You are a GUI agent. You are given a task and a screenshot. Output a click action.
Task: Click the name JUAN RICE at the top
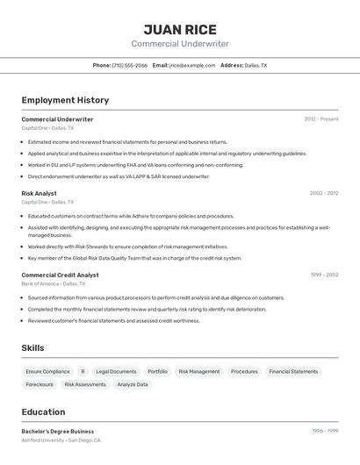click(180, 29)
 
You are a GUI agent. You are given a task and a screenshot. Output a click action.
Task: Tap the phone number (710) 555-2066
click(129, 66)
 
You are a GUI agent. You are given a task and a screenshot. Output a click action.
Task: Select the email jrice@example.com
click(192, 66)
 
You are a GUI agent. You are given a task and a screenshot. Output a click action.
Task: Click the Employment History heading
click(65, 100)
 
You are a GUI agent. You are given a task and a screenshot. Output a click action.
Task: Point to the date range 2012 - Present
click(321, 119)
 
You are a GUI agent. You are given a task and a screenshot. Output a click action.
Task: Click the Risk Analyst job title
click(39, 193)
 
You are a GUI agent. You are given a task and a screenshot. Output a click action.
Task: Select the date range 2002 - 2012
click(323, 193)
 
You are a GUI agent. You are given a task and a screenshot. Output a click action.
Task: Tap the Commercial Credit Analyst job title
click(60, 275)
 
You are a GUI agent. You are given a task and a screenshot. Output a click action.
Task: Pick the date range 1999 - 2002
click(324, 275)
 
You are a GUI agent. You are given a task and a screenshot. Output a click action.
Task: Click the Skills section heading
click(32, 348)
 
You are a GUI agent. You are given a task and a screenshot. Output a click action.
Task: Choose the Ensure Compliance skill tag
click(47, 372)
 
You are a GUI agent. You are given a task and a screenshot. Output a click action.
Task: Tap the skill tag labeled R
click(83, 372)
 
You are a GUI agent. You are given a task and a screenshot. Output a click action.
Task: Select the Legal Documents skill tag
click(116, 372)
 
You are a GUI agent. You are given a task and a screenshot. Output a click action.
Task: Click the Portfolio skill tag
click(157, 372)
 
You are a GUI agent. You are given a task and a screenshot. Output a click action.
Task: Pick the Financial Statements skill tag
click(293, 372)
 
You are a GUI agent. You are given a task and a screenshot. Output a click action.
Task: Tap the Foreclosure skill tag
click(40, 384)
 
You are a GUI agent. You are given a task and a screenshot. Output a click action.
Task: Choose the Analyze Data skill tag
click(133, 384)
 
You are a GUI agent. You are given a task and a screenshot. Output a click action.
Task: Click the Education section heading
click(43, 412)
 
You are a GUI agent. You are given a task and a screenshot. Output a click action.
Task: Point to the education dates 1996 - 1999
click(325, 432)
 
